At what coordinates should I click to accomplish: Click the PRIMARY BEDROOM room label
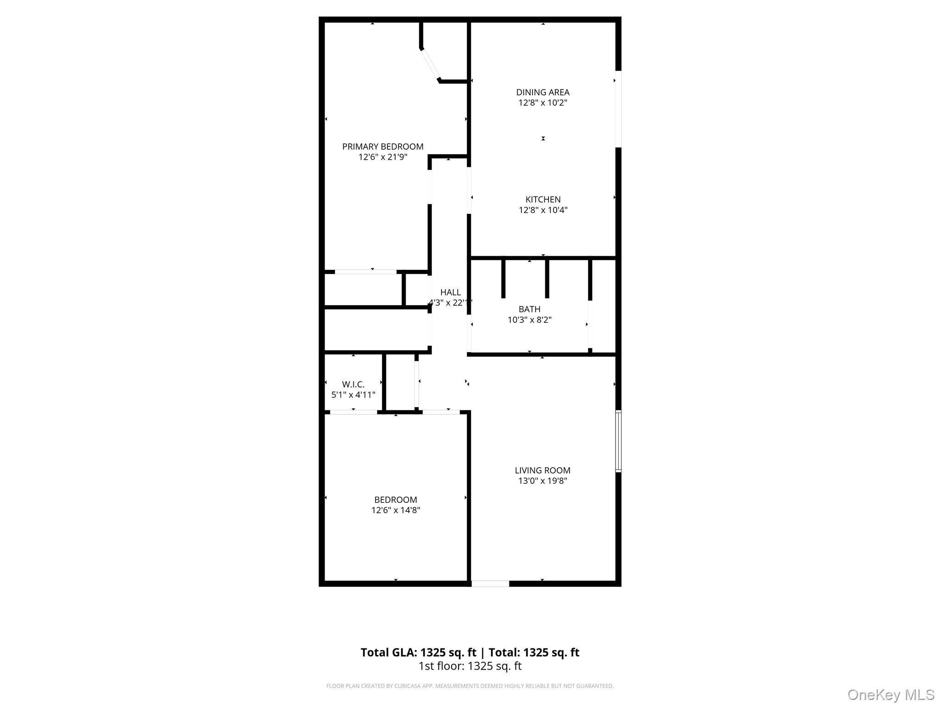tap(383, 146)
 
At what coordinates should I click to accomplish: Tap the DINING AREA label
tap(543, 92)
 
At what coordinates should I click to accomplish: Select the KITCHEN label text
tap(543, 199)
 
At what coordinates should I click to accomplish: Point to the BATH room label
tap(529, 309)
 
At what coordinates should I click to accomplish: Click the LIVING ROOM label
tap(543, 470)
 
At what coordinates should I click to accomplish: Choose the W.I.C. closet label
tap(353, 384)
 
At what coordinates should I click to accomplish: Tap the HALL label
tap(450, 292)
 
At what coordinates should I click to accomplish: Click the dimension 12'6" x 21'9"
tap(383, 157)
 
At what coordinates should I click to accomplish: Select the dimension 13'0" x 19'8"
tap(543, 481)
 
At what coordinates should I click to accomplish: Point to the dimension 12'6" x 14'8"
tap(396, 510)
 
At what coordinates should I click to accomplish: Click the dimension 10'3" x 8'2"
tap(529, 319)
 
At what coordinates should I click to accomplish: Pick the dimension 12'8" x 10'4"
tap(543, 210)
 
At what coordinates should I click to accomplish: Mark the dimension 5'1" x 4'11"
tap(353, 395)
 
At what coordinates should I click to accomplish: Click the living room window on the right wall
tap(618, 441)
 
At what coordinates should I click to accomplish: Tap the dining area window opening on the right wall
tap(618, 109)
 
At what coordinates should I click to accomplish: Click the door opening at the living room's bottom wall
tap(490, 583)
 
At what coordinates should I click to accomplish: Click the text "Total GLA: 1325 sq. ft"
tap(418, 652)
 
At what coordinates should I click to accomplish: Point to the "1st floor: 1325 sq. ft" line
tap(470, 666)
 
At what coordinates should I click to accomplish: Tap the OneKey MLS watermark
tap(891, 695)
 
